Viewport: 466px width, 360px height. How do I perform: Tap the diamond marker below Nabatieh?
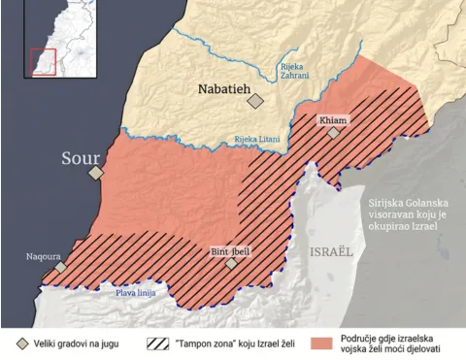(255, 100)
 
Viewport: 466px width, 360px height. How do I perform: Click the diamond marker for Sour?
(95, 173)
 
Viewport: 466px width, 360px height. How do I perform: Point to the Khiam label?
(333, 121)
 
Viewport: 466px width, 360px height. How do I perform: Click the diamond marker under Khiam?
(334, 134)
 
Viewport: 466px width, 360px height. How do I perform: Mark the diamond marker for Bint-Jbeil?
(231, 263)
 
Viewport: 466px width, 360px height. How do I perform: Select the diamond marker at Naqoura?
(61, 267)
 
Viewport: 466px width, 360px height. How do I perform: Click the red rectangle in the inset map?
(42, 60)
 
